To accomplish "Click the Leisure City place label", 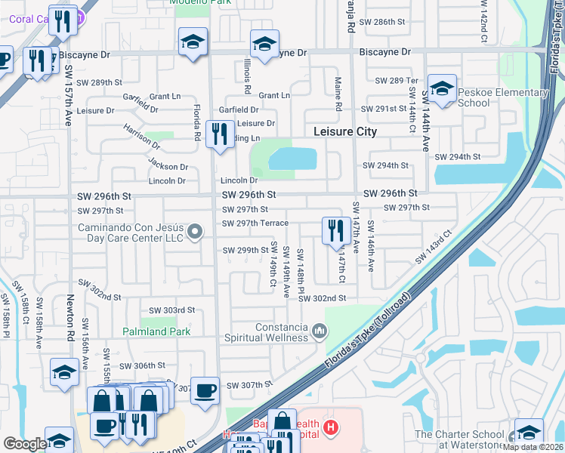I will (345, 131).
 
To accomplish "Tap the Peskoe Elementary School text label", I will (502, 98).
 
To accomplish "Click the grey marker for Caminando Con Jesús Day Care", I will (196, 233).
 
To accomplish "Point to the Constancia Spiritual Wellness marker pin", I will (320, 331).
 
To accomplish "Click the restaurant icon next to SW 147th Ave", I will (336, 231).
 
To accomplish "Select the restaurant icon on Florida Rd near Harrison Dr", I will (220, 135).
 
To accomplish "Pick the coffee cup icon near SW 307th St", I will (205, 391).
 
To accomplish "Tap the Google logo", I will (25, 443).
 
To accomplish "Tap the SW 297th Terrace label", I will (255, 223).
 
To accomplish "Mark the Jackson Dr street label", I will (168, 166).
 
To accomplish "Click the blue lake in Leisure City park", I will (292, 159).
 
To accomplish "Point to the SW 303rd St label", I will (171, 310).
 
